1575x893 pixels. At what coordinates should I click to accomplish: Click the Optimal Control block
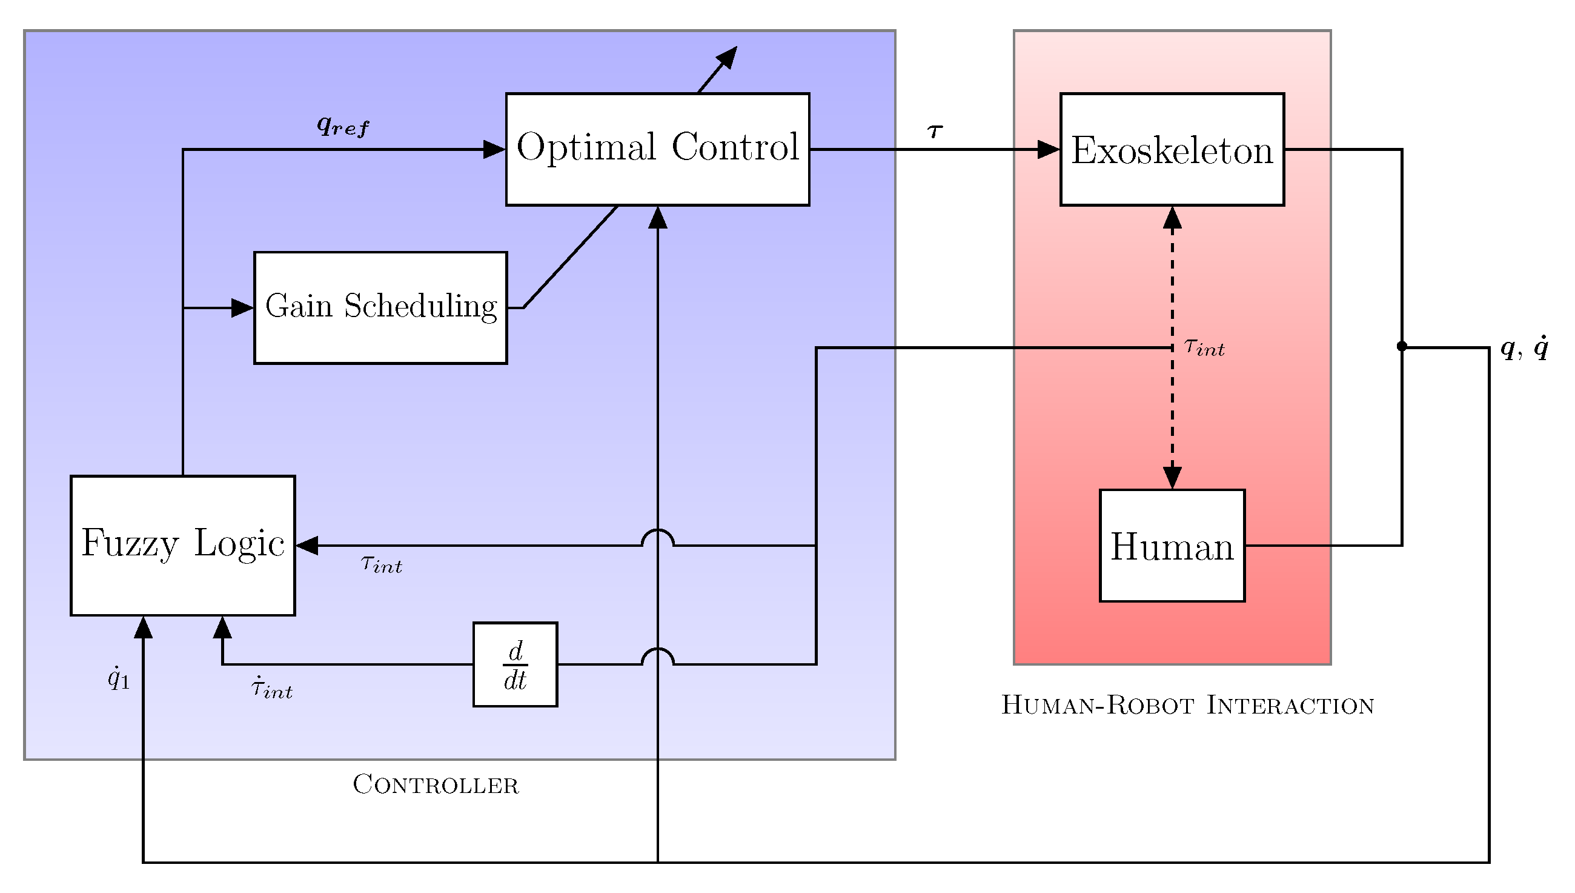tap(657, 149)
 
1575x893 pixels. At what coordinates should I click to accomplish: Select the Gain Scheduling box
tap(380, 307)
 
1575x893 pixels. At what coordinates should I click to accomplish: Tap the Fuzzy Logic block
tap(182, 544)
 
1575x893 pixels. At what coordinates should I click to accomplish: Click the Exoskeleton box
tap(1171, 149)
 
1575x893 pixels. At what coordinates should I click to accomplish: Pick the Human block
tap(1171, 545)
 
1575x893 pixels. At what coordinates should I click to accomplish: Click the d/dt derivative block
tap(515, 664)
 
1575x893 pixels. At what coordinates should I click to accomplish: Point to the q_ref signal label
tap(343, 125)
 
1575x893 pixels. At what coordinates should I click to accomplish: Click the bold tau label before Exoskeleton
tap(934, 130)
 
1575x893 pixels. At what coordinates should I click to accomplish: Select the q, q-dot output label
tap(1524, 348)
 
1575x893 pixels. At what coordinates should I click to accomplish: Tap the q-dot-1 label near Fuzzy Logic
tap(118, 678)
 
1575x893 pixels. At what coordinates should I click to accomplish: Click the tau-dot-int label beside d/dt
tap(271, 688)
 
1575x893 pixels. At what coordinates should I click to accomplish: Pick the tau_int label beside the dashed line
tap(1204, 347)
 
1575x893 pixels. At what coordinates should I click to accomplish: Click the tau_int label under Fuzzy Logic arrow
tap(381, 563)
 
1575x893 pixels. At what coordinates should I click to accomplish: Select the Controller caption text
tap(435, 784)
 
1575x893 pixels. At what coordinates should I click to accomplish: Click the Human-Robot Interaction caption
tap(1187, 704)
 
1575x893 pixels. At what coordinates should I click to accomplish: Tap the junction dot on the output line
tap(1401, 347)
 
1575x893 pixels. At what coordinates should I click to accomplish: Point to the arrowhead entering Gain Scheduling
tap(243, 307)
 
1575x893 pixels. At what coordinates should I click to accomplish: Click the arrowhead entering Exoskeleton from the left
tap(1048, 149)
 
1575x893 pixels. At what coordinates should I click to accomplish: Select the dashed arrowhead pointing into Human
tap(1171, 477)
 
